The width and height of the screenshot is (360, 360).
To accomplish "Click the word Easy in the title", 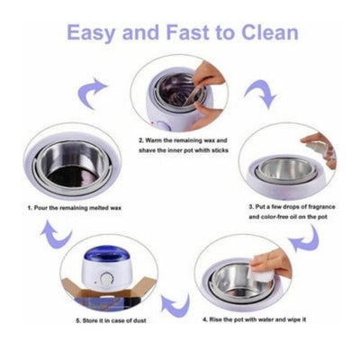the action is point(91,32).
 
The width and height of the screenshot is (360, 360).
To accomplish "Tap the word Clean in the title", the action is point(269,32).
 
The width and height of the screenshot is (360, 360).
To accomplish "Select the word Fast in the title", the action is point(187,32).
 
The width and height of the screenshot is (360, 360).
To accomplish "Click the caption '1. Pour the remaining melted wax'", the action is point(75,208).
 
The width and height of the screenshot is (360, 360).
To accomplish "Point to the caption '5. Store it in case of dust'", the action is point(111,320).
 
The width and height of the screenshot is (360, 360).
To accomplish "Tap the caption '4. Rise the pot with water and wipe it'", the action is point(255,319).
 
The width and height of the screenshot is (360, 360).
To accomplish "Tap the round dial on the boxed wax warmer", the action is point(105,279).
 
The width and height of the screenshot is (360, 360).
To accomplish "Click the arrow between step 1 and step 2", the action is point(92,93).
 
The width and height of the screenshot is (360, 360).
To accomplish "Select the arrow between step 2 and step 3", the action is point(260,94).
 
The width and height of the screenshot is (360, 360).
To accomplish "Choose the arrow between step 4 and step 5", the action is point(175,306).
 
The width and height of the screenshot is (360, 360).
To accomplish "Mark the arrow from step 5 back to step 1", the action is point(56,234).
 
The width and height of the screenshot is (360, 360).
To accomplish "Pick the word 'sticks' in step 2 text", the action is point(220,150).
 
